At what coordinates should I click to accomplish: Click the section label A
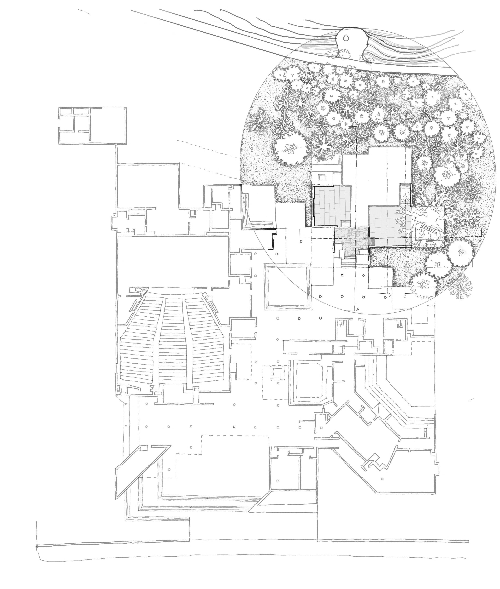358,309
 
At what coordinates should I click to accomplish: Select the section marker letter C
405,296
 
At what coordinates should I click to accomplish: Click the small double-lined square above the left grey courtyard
322,177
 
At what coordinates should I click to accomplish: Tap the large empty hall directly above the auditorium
173,261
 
